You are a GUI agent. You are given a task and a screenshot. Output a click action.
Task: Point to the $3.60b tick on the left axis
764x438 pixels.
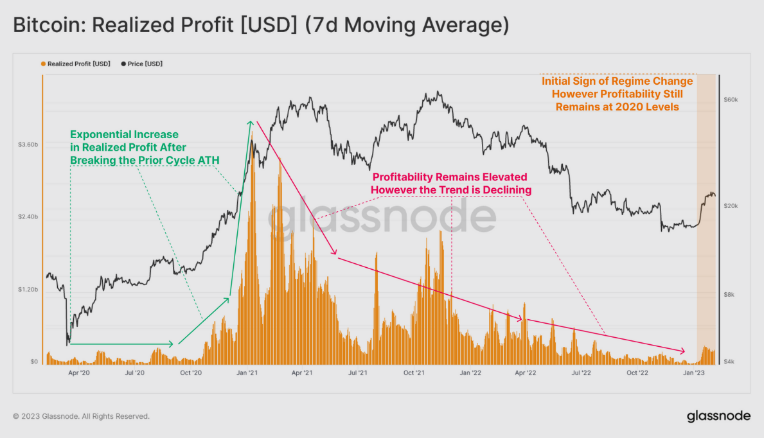coord(28,145)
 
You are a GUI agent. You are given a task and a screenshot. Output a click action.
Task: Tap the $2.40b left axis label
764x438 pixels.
coord(28,218)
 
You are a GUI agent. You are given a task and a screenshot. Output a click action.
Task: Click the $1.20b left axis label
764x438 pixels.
coord(28,290)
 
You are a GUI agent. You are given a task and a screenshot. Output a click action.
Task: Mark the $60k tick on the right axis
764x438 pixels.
coord(731,100)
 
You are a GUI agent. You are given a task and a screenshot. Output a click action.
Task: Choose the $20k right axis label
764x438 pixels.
coord(731,206)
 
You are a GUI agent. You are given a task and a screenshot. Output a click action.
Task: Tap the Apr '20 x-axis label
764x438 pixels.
coord(78,372)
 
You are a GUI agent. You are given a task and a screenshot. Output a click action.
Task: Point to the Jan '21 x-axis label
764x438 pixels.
coord(247,372)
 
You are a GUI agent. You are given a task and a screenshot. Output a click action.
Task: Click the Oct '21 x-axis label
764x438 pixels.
coord(414,372)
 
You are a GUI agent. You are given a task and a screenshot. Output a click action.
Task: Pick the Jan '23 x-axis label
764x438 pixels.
coord(693,372)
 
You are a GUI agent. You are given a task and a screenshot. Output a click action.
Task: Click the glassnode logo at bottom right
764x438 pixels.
coord(718,416)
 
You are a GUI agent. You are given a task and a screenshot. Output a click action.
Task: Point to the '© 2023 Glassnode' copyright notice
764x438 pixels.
coord(81,416)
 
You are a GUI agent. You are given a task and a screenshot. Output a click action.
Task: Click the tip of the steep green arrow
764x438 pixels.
coord(251,120)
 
